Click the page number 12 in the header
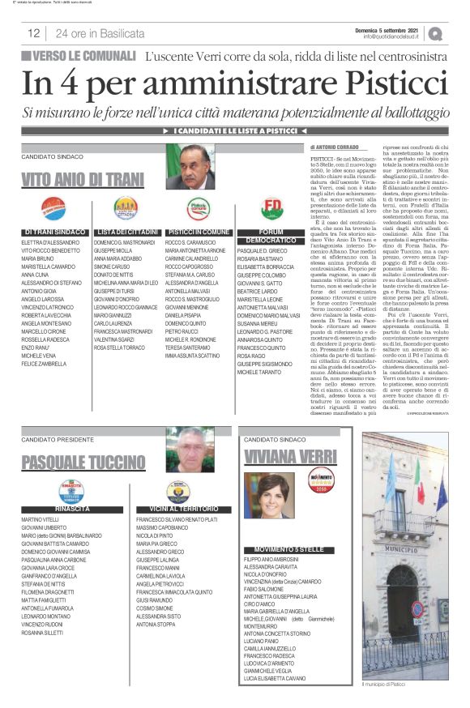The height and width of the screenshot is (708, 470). (34, 33)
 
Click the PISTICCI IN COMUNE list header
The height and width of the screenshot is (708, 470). (198, 232)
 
